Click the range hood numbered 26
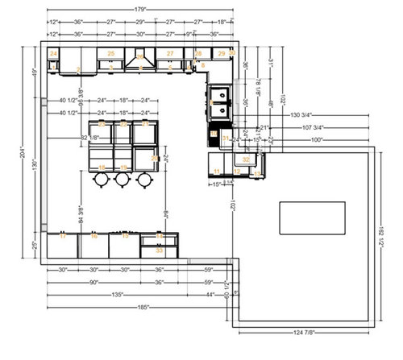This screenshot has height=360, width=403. coord(141,58)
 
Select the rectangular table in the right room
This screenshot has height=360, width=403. coord(312,217)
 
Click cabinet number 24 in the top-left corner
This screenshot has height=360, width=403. coord(53,53)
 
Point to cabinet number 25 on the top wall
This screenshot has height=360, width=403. coord(111,54)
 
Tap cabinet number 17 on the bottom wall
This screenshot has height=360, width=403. coord(62,237)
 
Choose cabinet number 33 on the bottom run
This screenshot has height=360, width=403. coord(159,250)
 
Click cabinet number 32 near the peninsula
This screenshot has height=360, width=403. coord(247,159)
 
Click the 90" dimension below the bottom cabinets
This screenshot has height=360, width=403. coord(93,283)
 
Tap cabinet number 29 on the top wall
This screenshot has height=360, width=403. coord(221,53)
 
